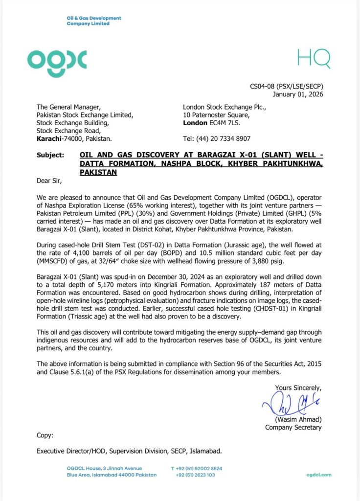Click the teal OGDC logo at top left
click(x=57, y=60)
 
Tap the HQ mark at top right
click(x=314, y=59)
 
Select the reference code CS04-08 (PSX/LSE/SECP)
click(x=286, y=87)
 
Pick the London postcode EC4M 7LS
click(x=225, y=123)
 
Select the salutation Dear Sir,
click(x=50, y=181)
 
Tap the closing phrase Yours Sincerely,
click(x=298, y=387)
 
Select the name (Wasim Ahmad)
click(x=297, y=419)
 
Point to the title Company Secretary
click(x=293, y=427)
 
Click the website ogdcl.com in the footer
click(x=319, y=475)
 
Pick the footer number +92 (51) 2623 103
click(x=198, y=475)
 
